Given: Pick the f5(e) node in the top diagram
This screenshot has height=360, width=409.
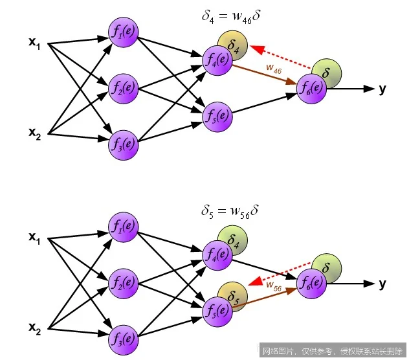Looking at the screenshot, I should pyautogui.click(x=217, y=116).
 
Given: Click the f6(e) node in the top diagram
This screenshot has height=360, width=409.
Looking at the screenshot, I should pyautogui.click(x=311, y=89).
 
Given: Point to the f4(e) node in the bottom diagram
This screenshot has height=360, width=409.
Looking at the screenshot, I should pyautogui.click(x=217, y=254).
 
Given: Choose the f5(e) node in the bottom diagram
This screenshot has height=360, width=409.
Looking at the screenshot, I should pyautogui.click(x=217, y=309).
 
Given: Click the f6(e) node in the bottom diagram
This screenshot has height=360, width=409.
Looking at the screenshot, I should pyautogui.click(x=311, y=282).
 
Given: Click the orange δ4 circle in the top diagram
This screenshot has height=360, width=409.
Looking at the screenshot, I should pyautogui.click(x=233, y=44).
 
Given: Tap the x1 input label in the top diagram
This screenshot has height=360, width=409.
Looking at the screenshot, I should pyautogui.click(x=34, y=43).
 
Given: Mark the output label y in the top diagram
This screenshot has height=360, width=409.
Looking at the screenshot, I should pyautogui.click(x=383, y=89).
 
